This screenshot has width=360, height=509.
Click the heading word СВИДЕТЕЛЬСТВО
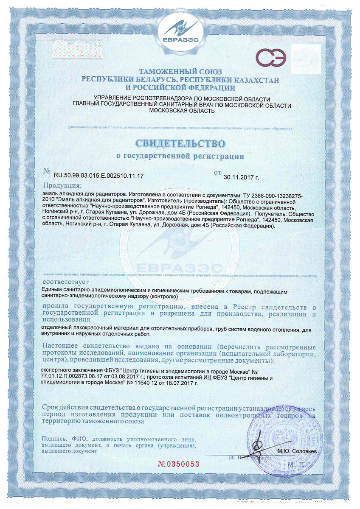[x=180, y=142]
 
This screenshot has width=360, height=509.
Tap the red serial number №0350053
[x=178, y=464]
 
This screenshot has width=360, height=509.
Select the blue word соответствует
[x=65, y=282]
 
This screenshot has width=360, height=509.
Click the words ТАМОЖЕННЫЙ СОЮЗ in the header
[x=180, y=72]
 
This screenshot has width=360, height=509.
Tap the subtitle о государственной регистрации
[x=180, y=156]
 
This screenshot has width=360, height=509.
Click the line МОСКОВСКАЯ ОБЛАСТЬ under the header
[x=183, y=111]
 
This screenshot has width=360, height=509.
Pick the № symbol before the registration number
[x=47, y=172]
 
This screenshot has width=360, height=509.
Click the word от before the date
[x=218, y=173]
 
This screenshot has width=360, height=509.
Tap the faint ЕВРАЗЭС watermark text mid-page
[x=180, y=268]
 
